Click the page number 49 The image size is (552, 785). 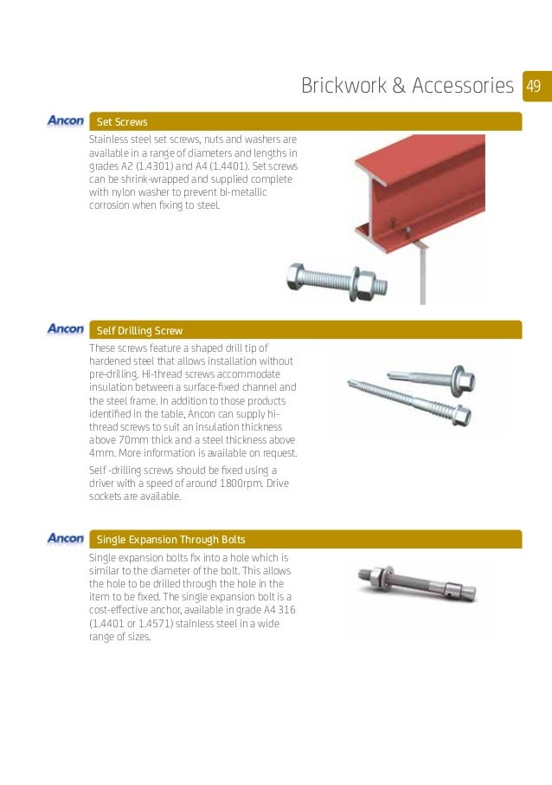click(x=533, y=86)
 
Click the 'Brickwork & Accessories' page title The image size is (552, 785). click(x=407, y=86)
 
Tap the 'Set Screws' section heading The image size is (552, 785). click(x=122, y=122)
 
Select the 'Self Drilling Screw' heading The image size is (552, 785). click(x=139, y=331)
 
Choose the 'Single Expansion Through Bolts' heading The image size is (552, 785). click(x=171, y=539)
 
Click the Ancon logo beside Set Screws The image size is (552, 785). click(x=66, y=121)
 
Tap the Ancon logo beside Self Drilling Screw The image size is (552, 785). click(x=66, y=330)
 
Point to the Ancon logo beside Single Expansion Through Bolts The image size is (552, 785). click(x=66, y=538)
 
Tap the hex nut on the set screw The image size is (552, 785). click(x=365, y=282)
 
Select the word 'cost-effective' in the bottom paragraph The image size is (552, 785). click(x=121, y=610)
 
